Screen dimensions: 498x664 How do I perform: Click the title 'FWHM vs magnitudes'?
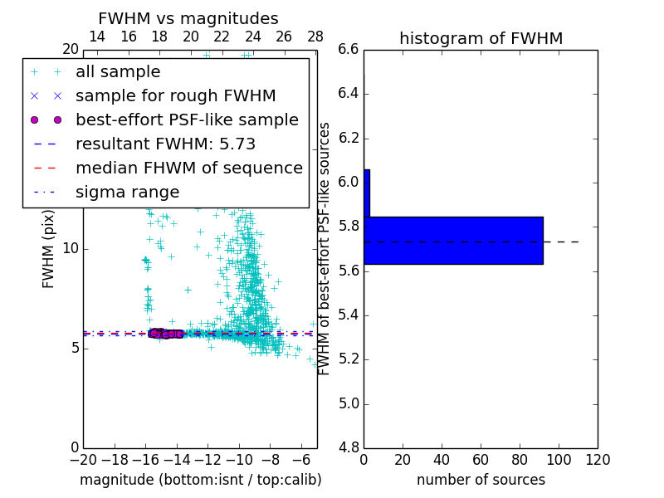[x=188, y=18]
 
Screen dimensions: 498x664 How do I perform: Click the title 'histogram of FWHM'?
[x=481, y=38]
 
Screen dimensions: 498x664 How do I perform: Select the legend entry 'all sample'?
[x=118, y=72]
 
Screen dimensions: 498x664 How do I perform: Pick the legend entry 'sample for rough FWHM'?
[x=175, y=96]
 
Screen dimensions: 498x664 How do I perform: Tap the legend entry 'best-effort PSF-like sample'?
[x=187, y=120]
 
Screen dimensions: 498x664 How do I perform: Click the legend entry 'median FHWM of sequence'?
[x=188, y=168]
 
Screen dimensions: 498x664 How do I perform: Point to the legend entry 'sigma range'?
[x=127, y=193]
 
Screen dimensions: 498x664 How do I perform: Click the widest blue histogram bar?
[x=453, y=241]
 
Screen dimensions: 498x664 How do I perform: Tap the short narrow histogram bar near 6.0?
[x=367, y=193]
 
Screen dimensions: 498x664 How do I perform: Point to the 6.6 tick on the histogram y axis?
[x=349, y=49]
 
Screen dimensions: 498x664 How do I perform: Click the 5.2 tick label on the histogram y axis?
[x=349, y=359]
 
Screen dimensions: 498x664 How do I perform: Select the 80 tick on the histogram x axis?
[x=520, y=459]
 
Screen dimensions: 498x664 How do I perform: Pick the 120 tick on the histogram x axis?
[x=598, y=459]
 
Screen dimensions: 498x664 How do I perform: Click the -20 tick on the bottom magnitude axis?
[x=83, y=459]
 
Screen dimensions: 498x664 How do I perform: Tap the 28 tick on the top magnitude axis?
[x=315, y=36]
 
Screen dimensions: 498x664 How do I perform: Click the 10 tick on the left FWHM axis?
[x=70, y=248]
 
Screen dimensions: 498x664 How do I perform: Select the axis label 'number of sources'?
[x=481, y=480]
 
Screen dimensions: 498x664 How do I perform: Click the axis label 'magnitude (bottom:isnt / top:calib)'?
[x=200, y=480]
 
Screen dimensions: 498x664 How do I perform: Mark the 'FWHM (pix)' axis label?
[x=49, y=248]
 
